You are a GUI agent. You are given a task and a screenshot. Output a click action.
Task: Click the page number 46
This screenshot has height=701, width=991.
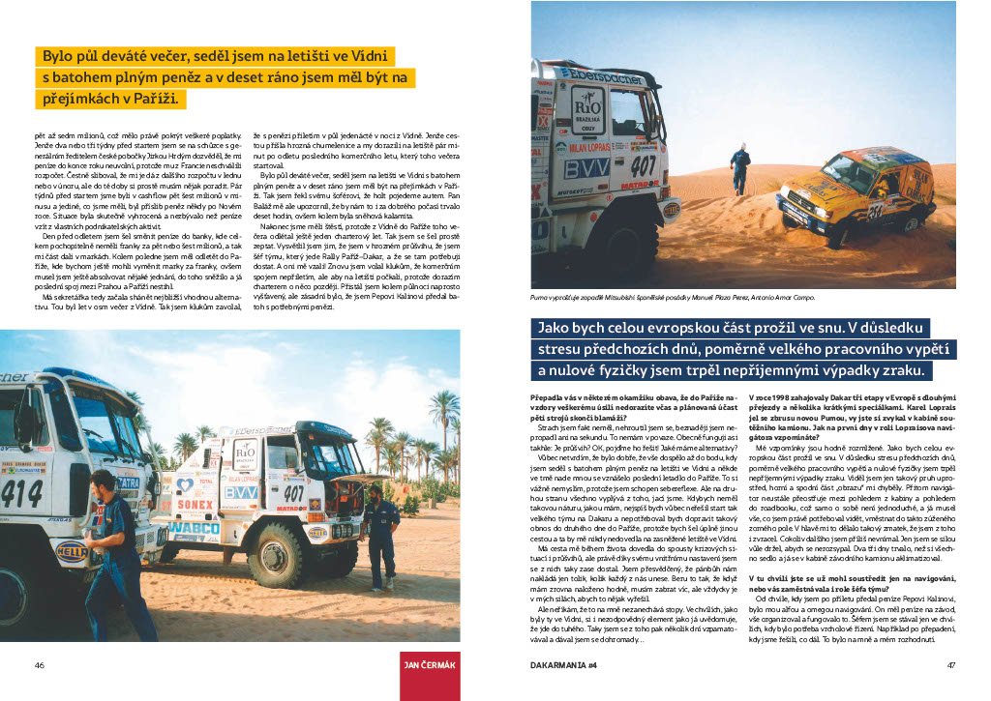[x=40, y=664]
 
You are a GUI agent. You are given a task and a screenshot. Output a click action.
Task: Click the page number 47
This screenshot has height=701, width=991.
[x=951, y=664]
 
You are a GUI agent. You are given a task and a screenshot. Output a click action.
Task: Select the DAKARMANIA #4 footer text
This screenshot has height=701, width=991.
[x=563, y=664]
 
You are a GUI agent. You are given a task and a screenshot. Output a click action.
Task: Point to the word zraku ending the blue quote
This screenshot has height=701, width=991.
[x=900, y=371]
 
